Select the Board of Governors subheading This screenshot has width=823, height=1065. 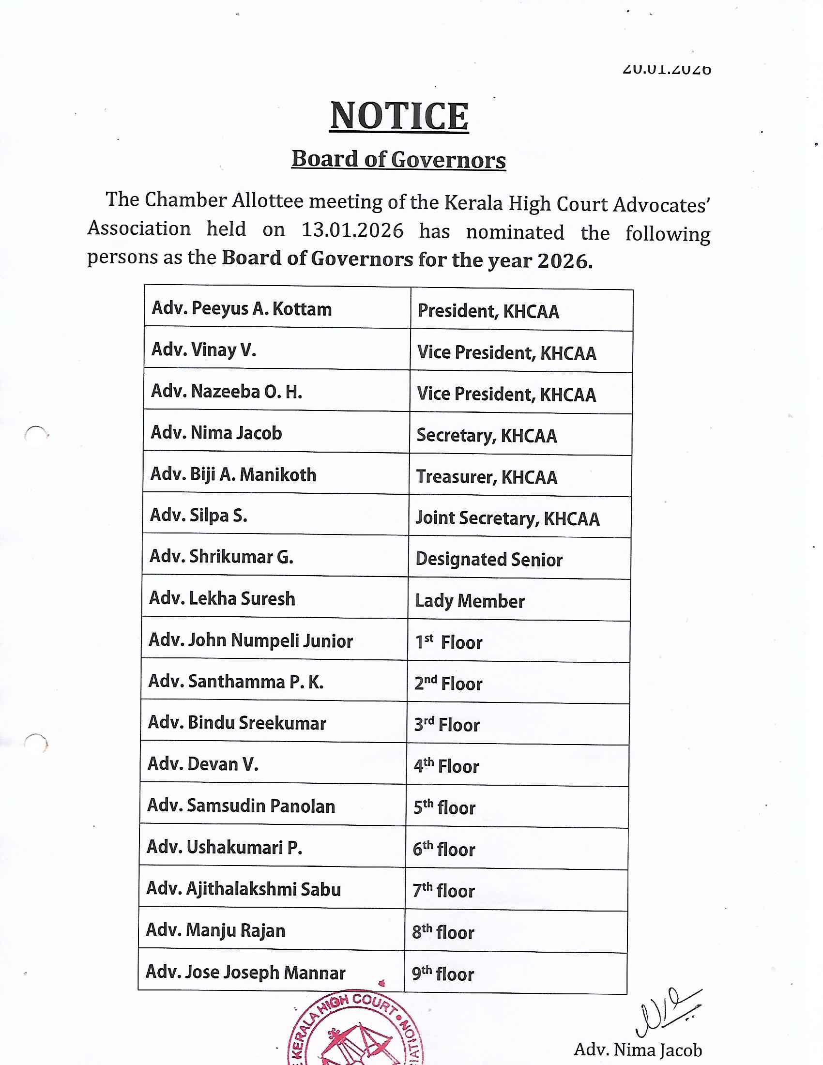[398, 159]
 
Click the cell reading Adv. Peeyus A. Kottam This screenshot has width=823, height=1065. [242, 309]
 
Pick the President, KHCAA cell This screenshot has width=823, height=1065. [488, 312]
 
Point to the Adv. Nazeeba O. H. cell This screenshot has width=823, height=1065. [226, 392]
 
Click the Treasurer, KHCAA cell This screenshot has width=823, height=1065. [487, 477]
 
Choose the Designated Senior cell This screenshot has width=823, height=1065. [489, 560]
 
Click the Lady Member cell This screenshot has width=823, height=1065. [470, 601]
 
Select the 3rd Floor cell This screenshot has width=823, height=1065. [447, 725]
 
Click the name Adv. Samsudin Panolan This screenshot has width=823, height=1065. [241, 806]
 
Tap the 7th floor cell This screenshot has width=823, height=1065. [443, 891]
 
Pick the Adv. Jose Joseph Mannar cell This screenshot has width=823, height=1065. [245, 973]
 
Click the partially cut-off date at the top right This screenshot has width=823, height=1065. [667, 70]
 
